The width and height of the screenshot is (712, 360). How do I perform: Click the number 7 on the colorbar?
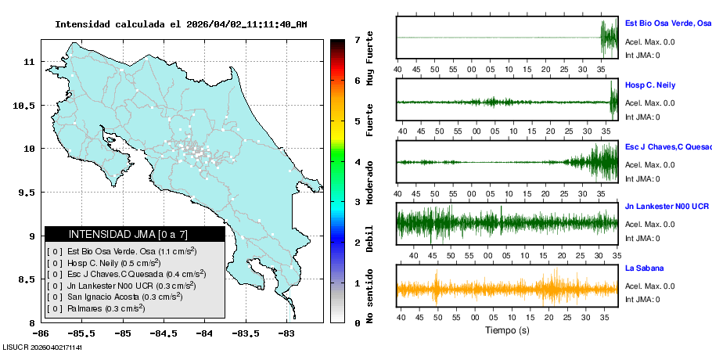click(x=357, y=39)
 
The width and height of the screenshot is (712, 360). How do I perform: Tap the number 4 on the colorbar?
click(x=357, y=161)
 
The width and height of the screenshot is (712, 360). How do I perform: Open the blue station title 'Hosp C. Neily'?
click(x=649, y=85)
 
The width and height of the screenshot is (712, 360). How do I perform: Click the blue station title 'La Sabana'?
click(x=643, y=268)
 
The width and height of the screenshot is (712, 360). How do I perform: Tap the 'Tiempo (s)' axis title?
click(x=508, y=331)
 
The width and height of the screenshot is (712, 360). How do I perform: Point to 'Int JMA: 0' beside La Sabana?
click(x=642, y=300)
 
